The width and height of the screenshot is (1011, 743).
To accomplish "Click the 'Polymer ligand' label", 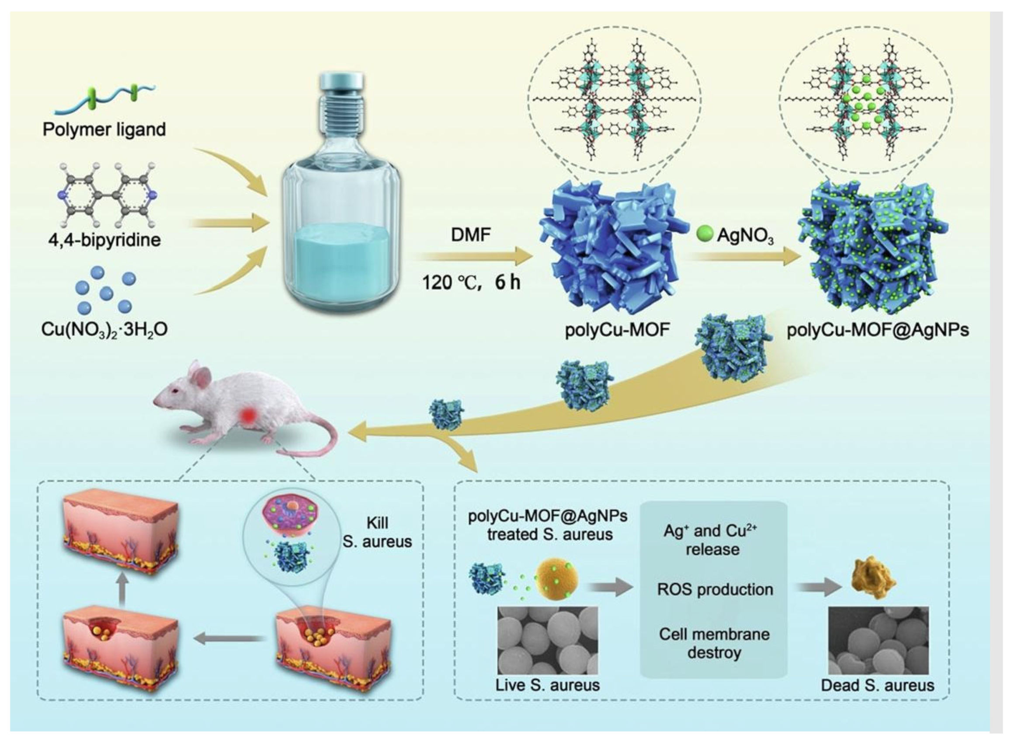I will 104,129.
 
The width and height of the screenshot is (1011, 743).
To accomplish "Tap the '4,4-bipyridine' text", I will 104,240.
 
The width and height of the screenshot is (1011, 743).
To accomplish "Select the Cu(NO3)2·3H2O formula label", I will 104,330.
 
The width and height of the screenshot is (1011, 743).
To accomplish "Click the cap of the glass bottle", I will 341,84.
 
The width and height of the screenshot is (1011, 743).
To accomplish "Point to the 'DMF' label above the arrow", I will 471,234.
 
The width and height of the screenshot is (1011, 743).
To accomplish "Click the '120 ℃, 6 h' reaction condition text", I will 471,283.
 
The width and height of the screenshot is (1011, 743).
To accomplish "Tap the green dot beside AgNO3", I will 705,234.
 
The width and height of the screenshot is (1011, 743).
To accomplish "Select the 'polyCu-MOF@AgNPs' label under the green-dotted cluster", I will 878,330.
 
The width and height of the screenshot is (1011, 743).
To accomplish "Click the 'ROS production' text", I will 715,589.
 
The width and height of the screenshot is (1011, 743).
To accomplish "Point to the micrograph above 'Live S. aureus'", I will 547,641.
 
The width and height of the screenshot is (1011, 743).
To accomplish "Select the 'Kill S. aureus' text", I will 377,532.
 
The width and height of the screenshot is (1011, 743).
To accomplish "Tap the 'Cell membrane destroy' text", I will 714,643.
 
